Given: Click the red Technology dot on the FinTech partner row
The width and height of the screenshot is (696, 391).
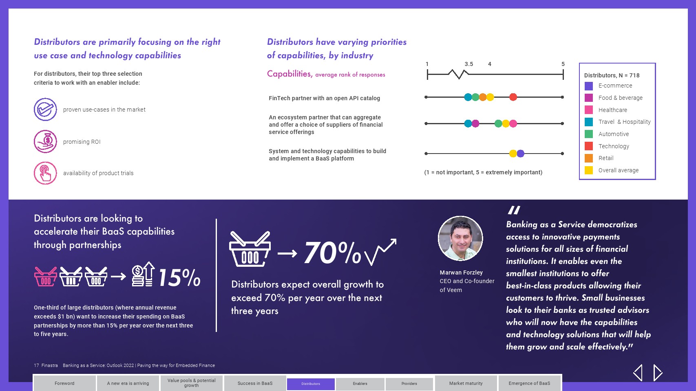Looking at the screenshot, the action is coord(513,97).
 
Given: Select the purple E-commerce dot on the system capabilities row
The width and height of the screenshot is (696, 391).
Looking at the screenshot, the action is coord(520,153).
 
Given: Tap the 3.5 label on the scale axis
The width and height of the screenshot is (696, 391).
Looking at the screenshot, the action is coord(468,64).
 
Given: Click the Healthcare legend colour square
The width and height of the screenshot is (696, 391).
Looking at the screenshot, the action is coord(588,110).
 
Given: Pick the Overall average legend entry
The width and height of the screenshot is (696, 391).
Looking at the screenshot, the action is coord(612,170).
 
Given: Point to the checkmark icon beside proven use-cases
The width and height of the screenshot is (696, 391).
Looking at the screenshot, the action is coord(45,109).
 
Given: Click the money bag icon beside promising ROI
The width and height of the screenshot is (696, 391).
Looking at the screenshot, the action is coord(45,141).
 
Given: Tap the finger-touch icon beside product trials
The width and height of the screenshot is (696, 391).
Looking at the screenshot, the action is coord(45,173).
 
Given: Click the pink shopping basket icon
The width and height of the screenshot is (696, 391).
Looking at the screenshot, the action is coord(46,276).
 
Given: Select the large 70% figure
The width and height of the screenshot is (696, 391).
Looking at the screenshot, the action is coord(332,253).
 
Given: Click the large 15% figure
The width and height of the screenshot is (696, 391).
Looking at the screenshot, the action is coord(179,277).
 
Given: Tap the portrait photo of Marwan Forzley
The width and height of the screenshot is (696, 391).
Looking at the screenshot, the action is coord(460,238).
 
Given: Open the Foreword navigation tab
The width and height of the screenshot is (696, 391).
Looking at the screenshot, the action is coord(64,383).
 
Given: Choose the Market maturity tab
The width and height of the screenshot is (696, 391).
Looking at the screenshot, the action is coord(466,383).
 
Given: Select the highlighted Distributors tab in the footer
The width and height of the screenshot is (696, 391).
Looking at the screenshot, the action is coord(311,384).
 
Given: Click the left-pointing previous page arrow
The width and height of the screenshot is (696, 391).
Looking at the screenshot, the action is coord(638,372).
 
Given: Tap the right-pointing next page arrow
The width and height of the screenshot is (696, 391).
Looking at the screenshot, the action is coord(658,372).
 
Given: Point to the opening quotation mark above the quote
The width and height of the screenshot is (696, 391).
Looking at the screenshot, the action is coord(514,210).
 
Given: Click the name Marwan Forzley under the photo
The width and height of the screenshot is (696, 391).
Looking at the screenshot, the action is coord(461,272).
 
